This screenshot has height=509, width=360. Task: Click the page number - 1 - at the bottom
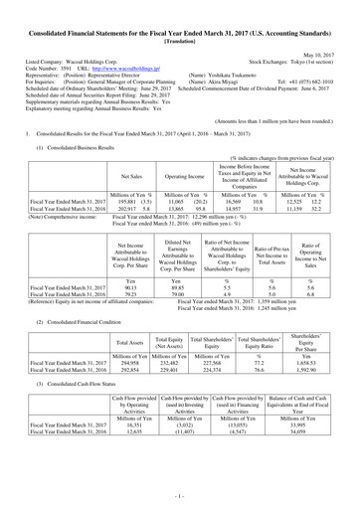pos(180,493)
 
